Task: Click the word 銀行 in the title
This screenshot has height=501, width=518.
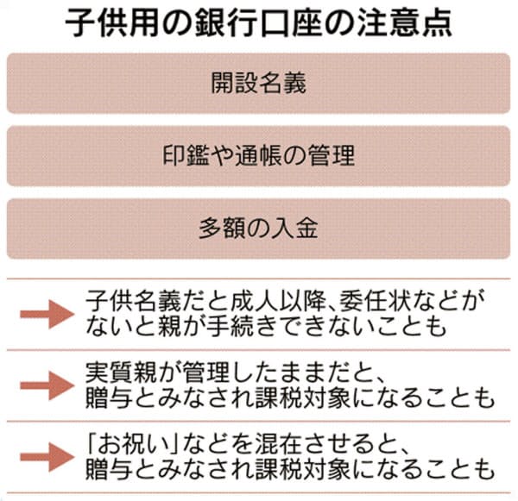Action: pyautogui.click(x=226, y=23)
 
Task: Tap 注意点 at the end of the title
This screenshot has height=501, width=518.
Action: pyautogui.click(x=404, y=23)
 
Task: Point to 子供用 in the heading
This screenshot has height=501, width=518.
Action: pyautogui.click(x=112, y=23)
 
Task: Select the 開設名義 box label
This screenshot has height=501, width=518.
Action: pyautogui.click(x=259, y=83)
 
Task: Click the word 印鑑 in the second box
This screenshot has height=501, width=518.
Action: pyautogui.click(x=186, y=155)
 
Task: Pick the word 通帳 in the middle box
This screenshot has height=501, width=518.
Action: pyautogui.click(x=259, y=155)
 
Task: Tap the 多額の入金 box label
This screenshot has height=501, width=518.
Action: pyautogui.click(x=259, y=228)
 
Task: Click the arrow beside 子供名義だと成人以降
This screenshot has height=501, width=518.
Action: pyautogui.click(x=47, y=314)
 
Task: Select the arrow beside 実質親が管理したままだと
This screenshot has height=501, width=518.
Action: pyautogui.click(x=47, y=385)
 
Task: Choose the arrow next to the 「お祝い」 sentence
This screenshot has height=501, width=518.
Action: pyautogui.click(x=47, y=457)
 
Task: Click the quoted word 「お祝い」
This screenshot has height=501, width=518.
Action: pyautogui.click(x=132, y=444)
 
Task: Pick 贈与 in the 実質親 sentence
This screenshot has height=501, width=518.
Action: pyautogui.click(x=110, y=398)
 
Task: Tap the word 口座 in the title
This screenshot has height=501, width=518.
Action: pyautogui.click(x=292, y=23)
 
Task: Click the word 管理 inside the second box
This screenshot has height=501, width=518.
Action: pyautogui.click(x=332, y=155)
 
